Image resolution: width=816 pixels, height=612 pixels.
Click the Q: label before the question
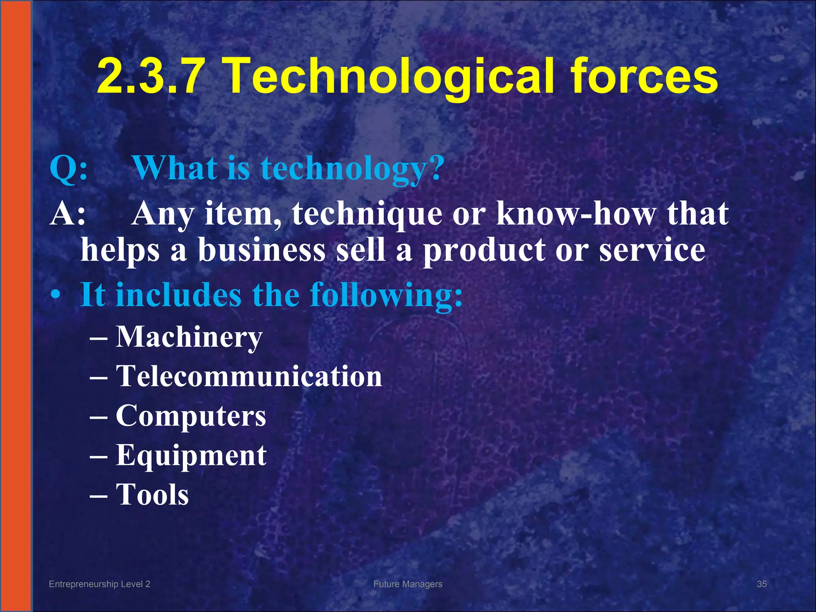tap(69, 169)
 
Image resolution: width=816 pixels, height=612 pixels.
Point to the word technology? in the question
tap(352, 169)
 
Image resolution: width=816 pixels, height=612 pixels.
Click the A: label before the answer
tap(68, 214)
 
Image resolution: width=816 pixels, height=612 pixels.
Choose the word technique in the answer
tap(367, 214)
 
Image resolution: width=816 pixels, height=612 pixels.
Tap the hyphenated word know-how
tap(575, 214)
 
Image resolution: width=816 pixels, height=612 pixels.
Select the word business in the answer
tap(262, 250)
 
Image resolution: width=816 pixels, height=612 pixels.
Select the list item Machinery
tap(189, 337)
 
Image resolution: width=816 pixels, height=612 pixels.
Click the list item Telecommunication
tap(249, 376)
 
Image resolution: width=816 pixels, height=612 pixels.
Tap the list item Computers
tap(191, 416)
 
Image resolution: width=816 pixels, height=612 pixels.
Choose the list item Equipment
tap(191, 455)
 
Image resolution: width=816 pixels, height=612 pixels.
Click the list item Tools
tap(152, 494)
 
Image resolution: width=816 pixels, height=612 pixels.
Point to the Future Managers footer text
tap(408, 584)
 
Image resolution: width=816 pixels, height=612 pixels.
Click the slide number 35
tap(762, 584)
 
